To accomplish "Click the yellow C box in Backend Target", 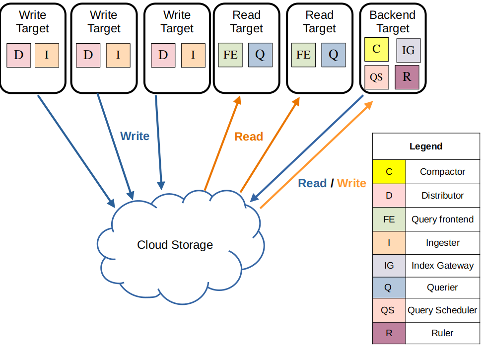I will pos(376,49).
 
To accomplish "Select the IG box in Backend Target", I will pos(408,50).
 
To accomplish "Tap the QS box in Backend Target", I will pos(376,77).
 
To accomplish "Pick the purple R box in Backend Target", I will pos(407,77).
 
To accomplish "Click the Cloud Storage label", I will pos(175,245).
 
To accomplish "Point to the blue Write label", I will pos(135,136).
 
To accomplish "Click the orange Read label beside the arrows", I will pos(248,137).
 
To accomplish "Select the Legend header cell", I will pos(426,146).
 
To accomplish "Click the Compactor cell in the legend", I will pos(442,172).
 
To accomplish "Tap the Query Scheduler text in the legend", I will pos(442,310).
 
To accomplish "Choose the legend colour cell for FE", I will pos(389,219).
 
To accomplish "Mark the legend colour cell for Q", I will pos(389,288).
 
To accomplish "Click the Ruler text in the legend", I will pos(442,333).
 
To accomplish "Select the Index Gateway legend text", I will pos(442,266).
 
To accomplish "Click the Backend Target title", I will pos(392,22).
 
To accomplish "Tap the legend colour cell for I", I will pos(389,243).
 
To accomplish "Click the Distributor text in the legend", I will pos(442,196).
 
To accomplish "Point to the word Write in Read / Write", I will pos(351,183).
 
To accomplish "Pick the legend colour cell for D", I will pos(389,196).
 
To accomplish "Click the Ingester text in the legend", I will pos(442,243).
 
